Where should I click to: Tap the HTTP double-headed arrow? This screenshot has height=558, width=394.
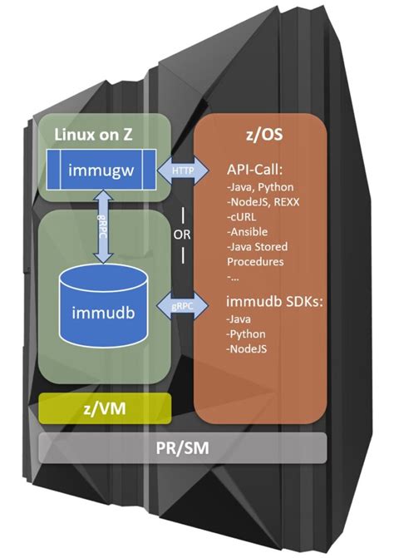click(x=182, y=170)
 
